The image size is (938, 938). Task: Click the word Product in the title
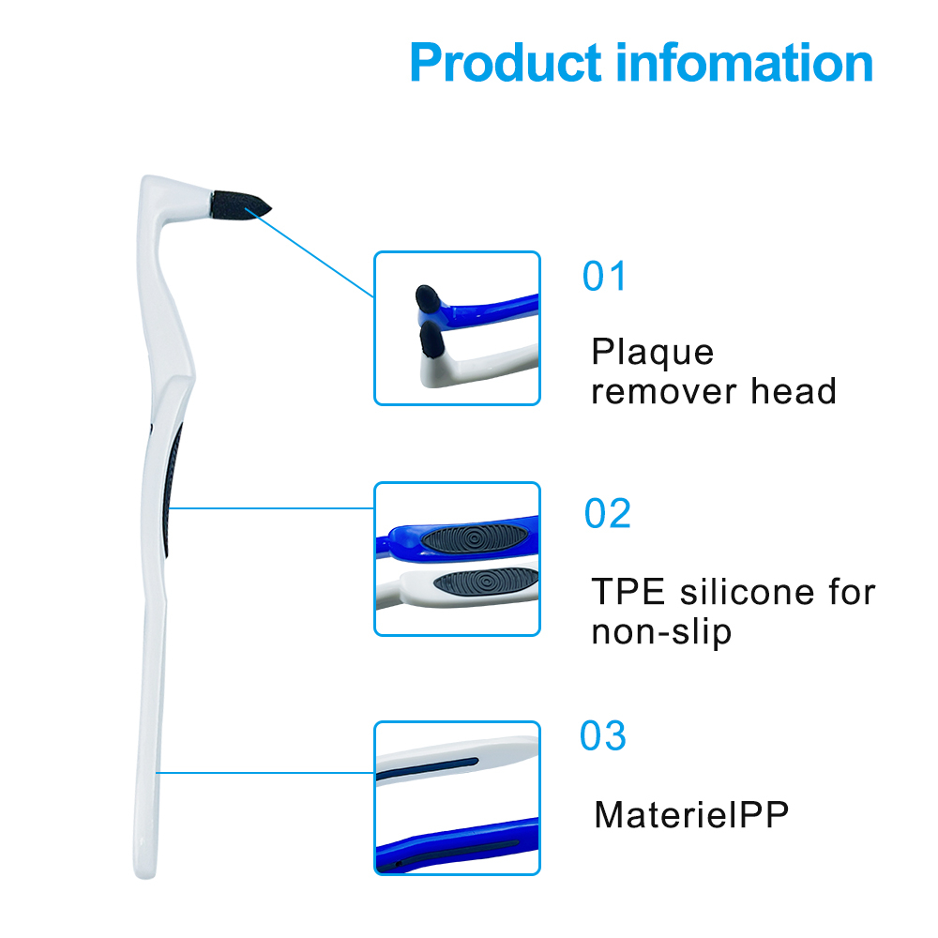coord(506,63)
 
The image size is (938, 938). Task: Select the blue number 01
coord(604,277)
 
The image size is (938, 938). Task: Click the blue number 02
coord(607,513)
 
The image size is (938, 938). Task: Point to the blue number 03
coord(603,735)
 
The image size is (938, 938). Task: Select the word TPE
coord(628,592)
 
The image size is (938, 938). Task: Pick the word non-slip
coord(661,633)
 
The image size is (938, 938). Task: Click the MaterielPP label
coord(691,814)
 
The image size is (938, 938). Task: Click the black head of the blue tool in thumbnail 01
coord(428,298)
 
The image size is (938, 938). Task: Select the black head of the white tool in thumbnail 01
coord(431,340)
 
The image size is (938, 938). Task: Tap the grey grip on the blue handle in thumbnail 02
coord(474,537)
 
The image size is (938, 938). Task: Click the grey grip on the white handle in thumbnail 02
coord(486,582)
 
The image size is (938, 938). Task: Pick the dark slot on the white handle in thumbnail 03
coord(427,769)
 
